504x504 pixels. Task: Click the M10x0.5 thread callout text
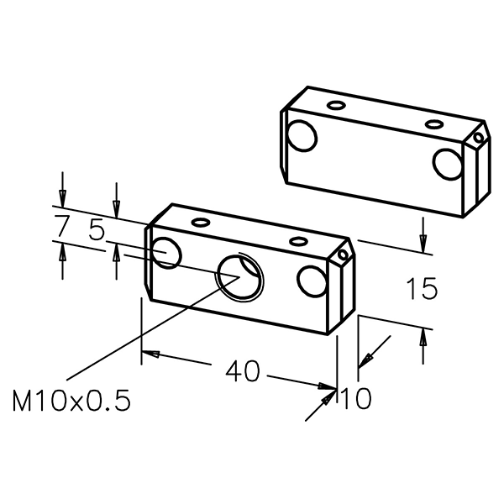pyautogui.click(x=71, y=401)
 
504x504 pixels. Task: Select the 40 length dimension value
pyautogui.click(x=243, y=371)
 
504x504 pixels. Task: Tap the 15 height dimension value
pyautogui.click(x=422, y=288)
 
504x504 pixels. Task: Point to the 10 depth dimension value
pyautogui.click(x=356, y=398)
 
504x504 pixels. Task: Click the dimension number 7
pyautogui.click(x=61, y=225)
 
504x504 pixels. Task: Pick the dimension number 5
pyautogui.click(x=97, y=228)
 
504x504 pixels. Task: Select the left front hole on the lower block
pyautogui.click(x=166, y=253)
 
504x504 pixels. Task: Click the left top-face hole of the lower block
pyautogui.click(x=201, y=222)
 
